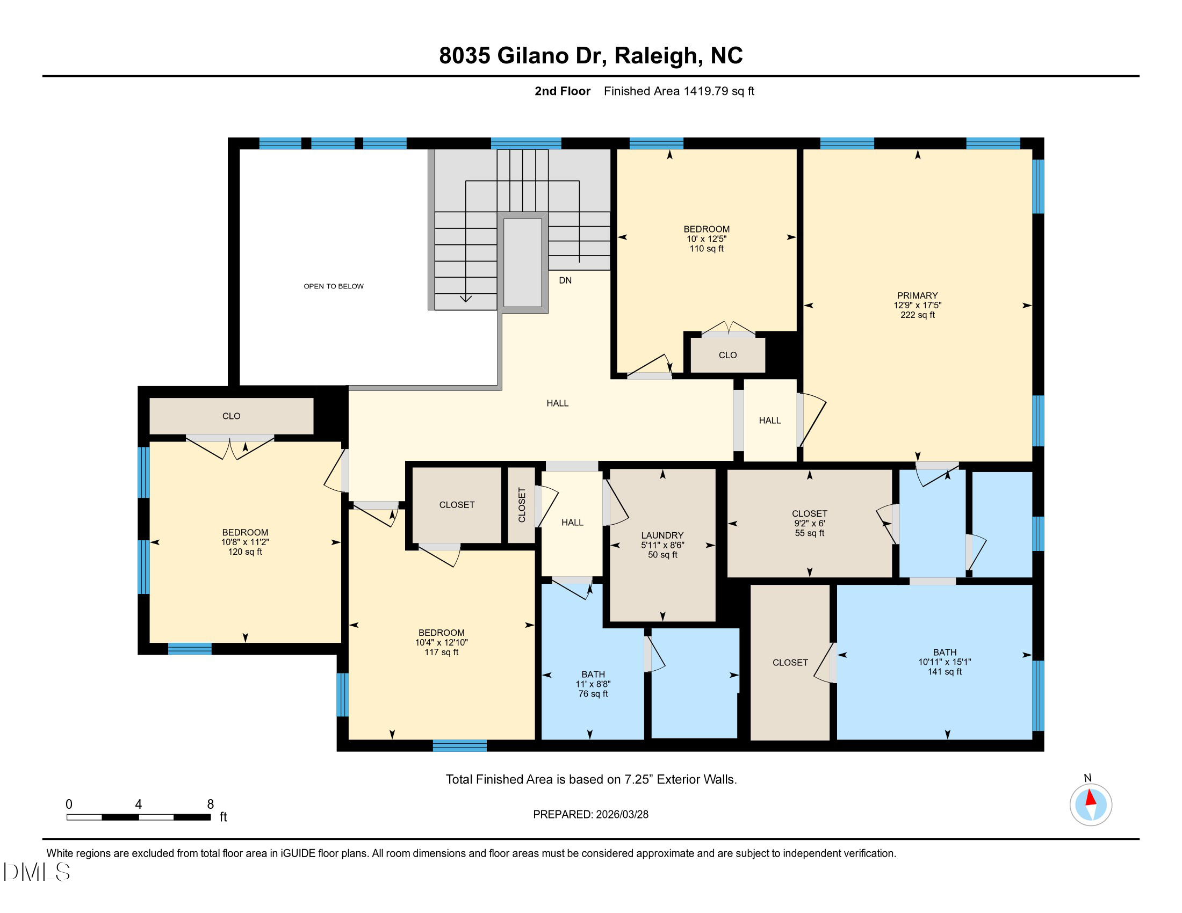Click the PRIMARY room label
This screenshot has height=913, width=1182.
(917, 295)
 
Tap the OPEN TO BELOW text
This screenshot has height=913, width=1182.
(334, 286)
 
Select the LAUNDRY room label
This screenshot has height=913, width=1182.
(662, 535)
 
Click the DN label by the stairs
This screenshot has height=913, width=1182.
(565, 280)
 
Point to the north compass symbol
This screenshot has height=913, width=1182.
(1090, 804)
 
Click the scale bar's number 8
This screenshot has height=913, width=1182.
(211, 804)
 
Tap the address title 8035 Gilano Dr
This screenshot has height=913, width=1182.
(590, 55)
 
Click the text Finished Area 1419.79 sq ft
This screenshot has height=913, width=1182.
(679, 91)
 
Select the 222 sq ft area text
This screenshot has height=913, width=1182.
(917, 315)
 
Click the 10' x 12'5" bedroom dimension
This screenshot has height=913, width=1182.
(707, 238)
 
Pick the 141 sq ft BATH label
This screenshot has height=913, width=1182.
(945, 671)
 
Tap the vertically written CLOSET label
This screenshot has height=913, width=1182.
(522, 505)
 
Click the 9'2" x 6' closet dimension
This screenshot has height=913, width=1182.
(809, 523)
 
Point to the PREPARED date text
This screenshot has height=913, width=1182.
(590, 814)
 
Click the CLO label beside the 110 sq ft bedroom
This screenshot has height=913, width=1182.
(727, 355)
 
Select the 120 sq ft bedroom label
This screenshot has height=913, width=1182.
(244, 552)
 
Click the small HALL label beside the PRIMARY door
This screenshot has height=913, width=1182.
(769, 421)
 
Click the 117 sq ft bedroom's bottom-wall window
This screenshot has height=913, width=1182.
(459, 746)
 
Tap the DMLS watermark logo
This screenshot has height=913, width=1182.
(37, 872)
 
